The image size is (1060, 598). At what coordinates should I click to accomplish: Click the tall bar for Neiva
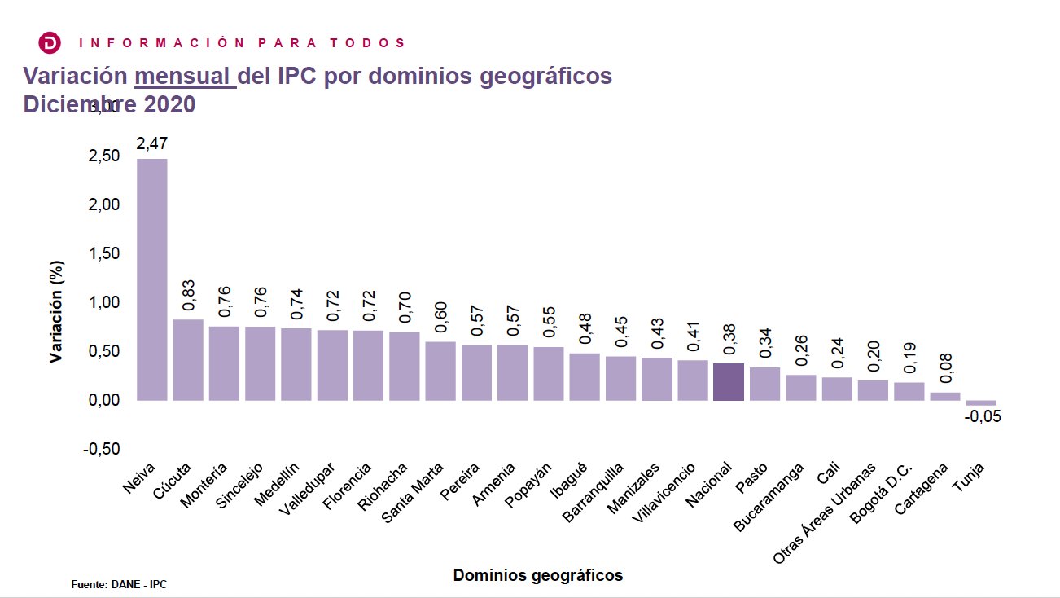pos(151,279)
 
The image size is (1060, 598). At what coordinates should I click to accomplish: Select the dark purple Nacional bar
pos(728,382)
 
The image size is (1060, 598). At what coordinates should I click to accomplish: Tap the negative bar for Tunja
pos(981,402)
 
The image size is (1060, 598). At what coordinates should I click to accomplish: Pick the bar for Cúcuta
pos(188,359)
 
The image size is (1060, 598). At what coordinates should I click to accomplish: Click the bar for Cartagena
pos(945,397)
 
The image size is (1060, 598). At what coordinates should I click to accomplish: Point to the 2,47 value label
pos(151,144)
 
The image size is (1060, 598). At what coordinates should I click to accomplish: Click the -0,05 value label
pos(982,417)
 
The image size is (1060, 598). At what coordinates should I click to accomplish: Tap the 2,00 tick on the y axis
pos(103,204)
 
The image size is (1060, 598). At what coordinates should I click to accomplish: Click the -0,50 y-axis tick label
pos(102,450)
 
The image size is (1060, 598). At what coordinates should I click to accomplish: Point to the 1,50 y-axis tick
pos(103,253)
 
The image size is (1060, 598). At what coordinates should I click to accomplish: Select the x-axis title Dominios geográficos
pos(537,575)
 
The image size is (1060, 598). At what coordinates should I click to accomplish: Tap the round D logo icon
pos(50,42)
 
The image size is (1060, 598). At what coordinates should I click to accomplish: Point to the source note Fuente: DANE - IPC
pos(119,584)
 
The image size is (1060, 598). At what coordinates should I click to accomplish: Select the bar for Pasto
pos(764,384)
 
